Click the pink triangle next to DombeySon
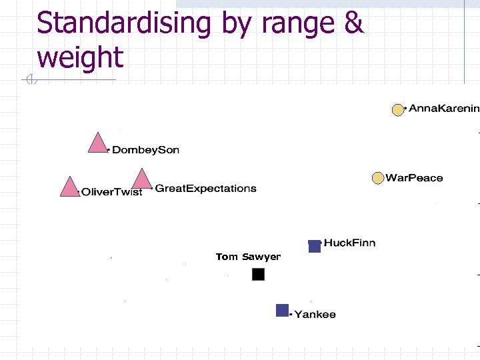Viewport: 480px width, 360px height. coord(98,144)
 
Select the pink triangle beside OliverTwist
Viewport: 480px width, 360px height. coord(69,188)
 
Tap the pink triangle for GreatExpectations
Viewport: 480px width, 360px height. coord(141,180)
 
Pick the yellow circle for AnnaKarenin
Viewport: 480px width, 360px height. coord(398,110)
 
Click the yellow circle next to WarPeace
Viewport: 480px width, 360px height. coord(378,178)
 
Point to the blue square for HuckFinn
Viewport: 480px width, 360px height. coord(315,246)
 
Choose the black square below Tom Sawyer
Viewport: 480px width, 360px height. coord(259,274)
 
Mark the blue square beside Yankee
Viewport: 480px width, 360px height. coord(283,310)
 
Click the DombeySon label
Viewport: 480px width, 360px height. coord(145,150)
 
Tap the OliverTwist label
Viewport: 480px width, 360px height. coord(111,192)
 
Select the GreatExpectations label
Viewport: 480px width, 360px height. coord(205,189)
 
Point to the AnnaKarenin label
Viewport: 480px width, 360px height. coord(443,108)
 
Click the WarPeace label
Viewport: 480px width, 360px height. coord(414,178)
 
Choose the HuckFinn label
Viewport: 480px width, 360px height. coord(349,243)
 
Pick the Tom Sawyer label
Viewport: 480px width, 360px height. coord(248,257)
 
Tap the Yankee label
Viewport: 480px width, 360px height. coord(315,314)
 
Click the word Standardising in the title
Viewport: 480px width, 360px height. coord(124,24)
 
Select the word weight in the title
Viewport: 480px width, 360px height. coord(80,57)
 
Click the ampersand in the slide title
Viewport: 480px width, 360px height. coord(354,24)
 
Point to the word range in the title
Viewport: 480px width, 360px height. coord(299,24)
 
